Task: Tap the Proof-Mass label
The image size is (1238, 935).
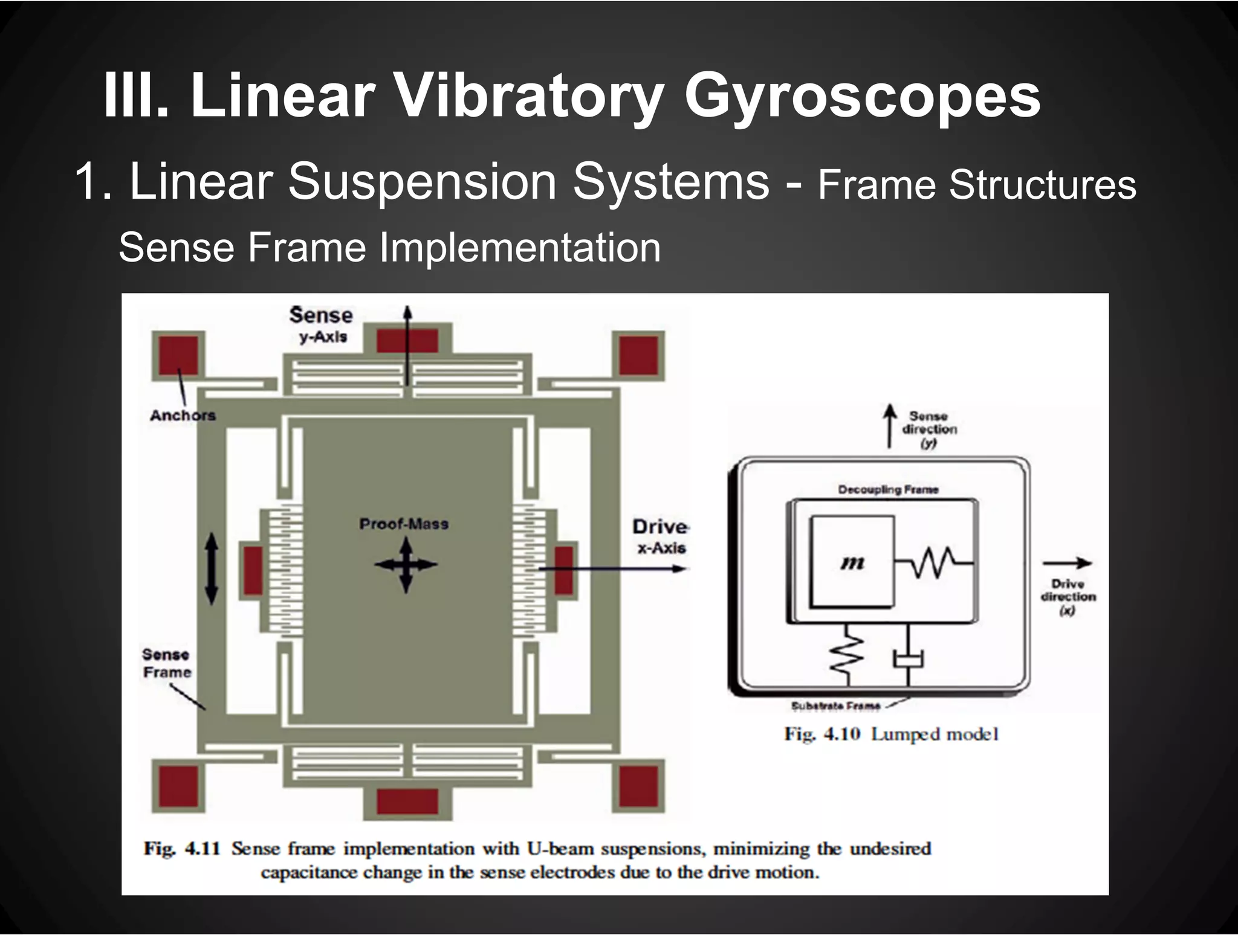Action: click(x=404, y=524)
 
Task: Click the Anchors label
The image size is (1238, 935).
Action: click(x=183, y=416)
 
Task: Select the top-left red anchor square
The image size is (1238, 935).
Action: click(x=178, y=355)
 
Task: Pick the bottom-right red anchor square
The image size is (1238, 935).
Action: click(x=639, y=785)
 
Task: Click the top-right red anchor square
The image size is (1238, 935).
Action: click(x=639, y=355)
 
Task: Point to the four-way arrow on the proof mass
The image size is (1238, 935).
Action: click(x=406, y=565)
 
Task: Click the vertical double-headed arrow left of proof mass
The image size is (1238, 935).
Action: click(x=211, y=568)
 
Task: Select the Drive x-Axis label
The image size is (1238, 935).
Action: click(x=661, y=536)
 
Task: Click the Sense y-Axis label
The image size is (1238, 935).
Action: click(x=321, y=324)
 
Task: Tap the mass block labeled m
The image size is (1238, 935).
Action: click(x=852, y=562)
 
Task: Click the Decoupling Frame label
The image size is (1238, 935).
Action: click(x=888, y=490)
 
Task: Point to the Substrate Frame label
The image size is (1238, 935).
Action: click(x=835, y=706)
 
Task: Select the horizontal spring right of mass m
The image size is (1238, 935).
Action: click(x=935, y=562)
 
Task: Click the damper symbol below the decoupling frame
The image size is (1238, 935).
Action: click(x=909, y=658)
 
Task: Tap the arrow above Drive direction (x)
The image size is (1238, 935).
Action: click(x=1067, y=563)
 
